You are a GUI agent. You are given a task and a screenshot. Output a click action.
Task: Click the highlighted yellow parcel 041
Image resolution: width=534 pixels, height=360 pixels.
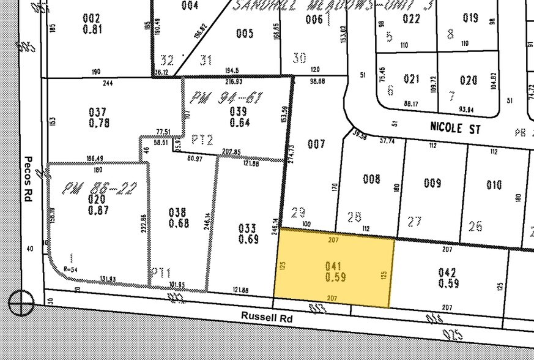pos(333,271)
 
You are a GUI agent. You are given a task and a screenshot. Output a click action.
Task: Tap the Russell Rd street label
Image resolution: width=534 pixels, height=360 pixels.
pos(266,318)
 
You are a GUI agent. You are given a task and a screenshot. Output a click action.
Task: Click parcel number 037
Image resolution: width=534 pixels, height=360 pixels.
pos(97,112)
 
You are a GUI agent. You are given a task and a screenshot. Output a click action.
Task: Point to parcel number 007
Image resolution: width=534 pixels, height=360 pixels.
pos(316,144)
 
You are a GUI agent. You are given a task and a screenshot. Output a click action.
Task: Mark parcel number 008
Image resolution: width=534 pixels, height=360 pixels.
pos(371,179)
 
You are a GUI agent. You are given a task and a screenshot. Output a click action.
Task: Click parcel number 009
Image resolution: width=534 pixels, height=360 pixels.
pos(432,182)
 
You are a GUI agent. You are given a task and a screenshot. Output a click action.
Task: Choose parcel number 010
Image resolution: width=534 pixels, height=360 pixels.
pos(494,185)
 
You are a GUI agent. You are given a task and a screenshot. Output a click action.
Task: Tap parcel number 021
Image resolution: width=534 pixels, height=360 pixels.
pos(412,79)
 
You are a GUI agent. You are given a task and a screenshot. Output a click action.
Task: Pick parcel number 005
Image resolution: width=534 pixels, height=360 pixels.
pos(244,33)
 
